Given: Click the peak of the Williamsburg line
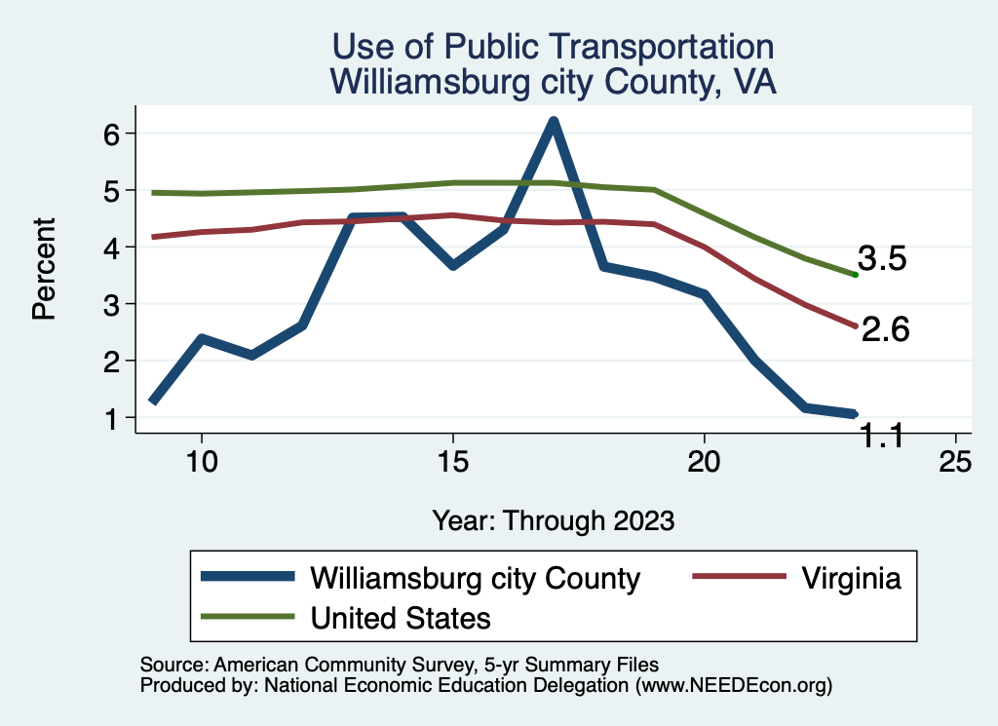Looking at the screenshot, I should [x=553, y=123].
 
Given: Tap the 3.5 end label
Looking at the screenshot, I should [x=882, y=258].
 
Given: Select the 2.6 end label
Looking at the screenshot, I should [x=885, y=330].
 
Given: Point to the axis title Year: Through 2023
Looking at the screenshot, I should [x=553, y=520].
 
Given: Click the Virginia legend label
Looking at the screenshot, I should [x=852, y=578].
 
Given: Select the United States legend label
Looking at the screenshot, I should [x=400, y=618].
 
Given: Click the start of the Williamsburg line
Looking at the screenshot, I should [x=153, y=401].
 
